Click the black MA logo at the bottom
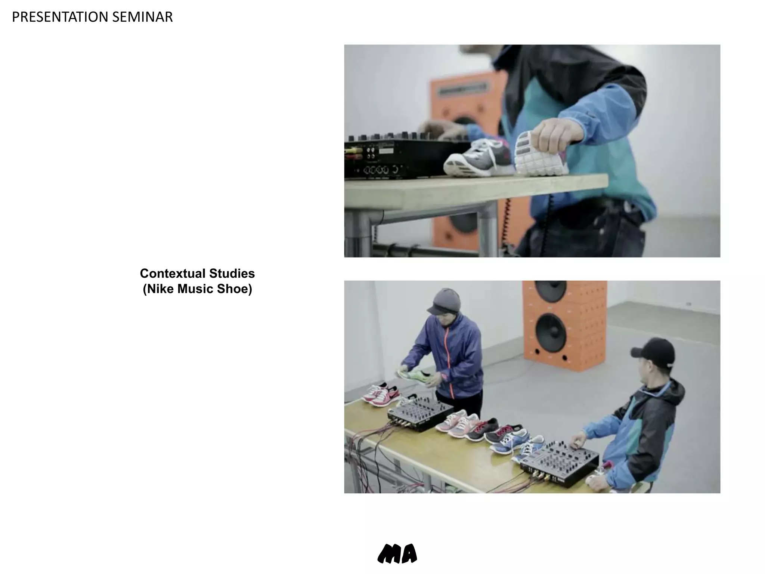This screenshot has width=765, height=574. [x=397, y=553]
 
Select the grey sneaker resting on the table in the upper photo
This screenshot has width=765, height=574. [x=478, y=159]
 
